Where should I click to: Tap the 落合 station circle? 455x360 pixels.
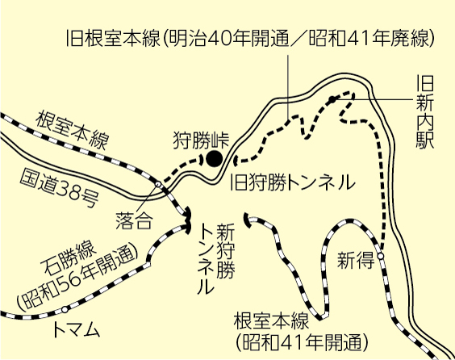click(158, 184)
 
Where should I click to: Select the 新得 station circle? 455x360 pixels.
click(381, 256)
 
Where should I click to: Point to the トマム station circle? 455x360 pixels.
click(65, 309)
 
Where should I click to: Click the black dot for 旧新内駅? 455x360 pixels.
click(332, 99)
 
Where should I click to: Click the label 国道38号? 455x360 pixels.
click(60, 189)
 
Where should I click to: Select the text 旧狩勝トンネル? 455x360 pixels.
click(293, 183)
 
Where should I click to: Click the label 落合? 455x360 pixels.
click(134, 220)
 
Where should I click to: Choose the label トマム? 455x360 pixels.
click(77, 330)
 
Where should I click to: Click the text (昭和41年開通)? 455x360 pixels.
click(302, 342)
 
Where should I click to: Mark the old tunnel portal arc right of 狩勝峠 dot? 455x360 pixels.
click(235, 161)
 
